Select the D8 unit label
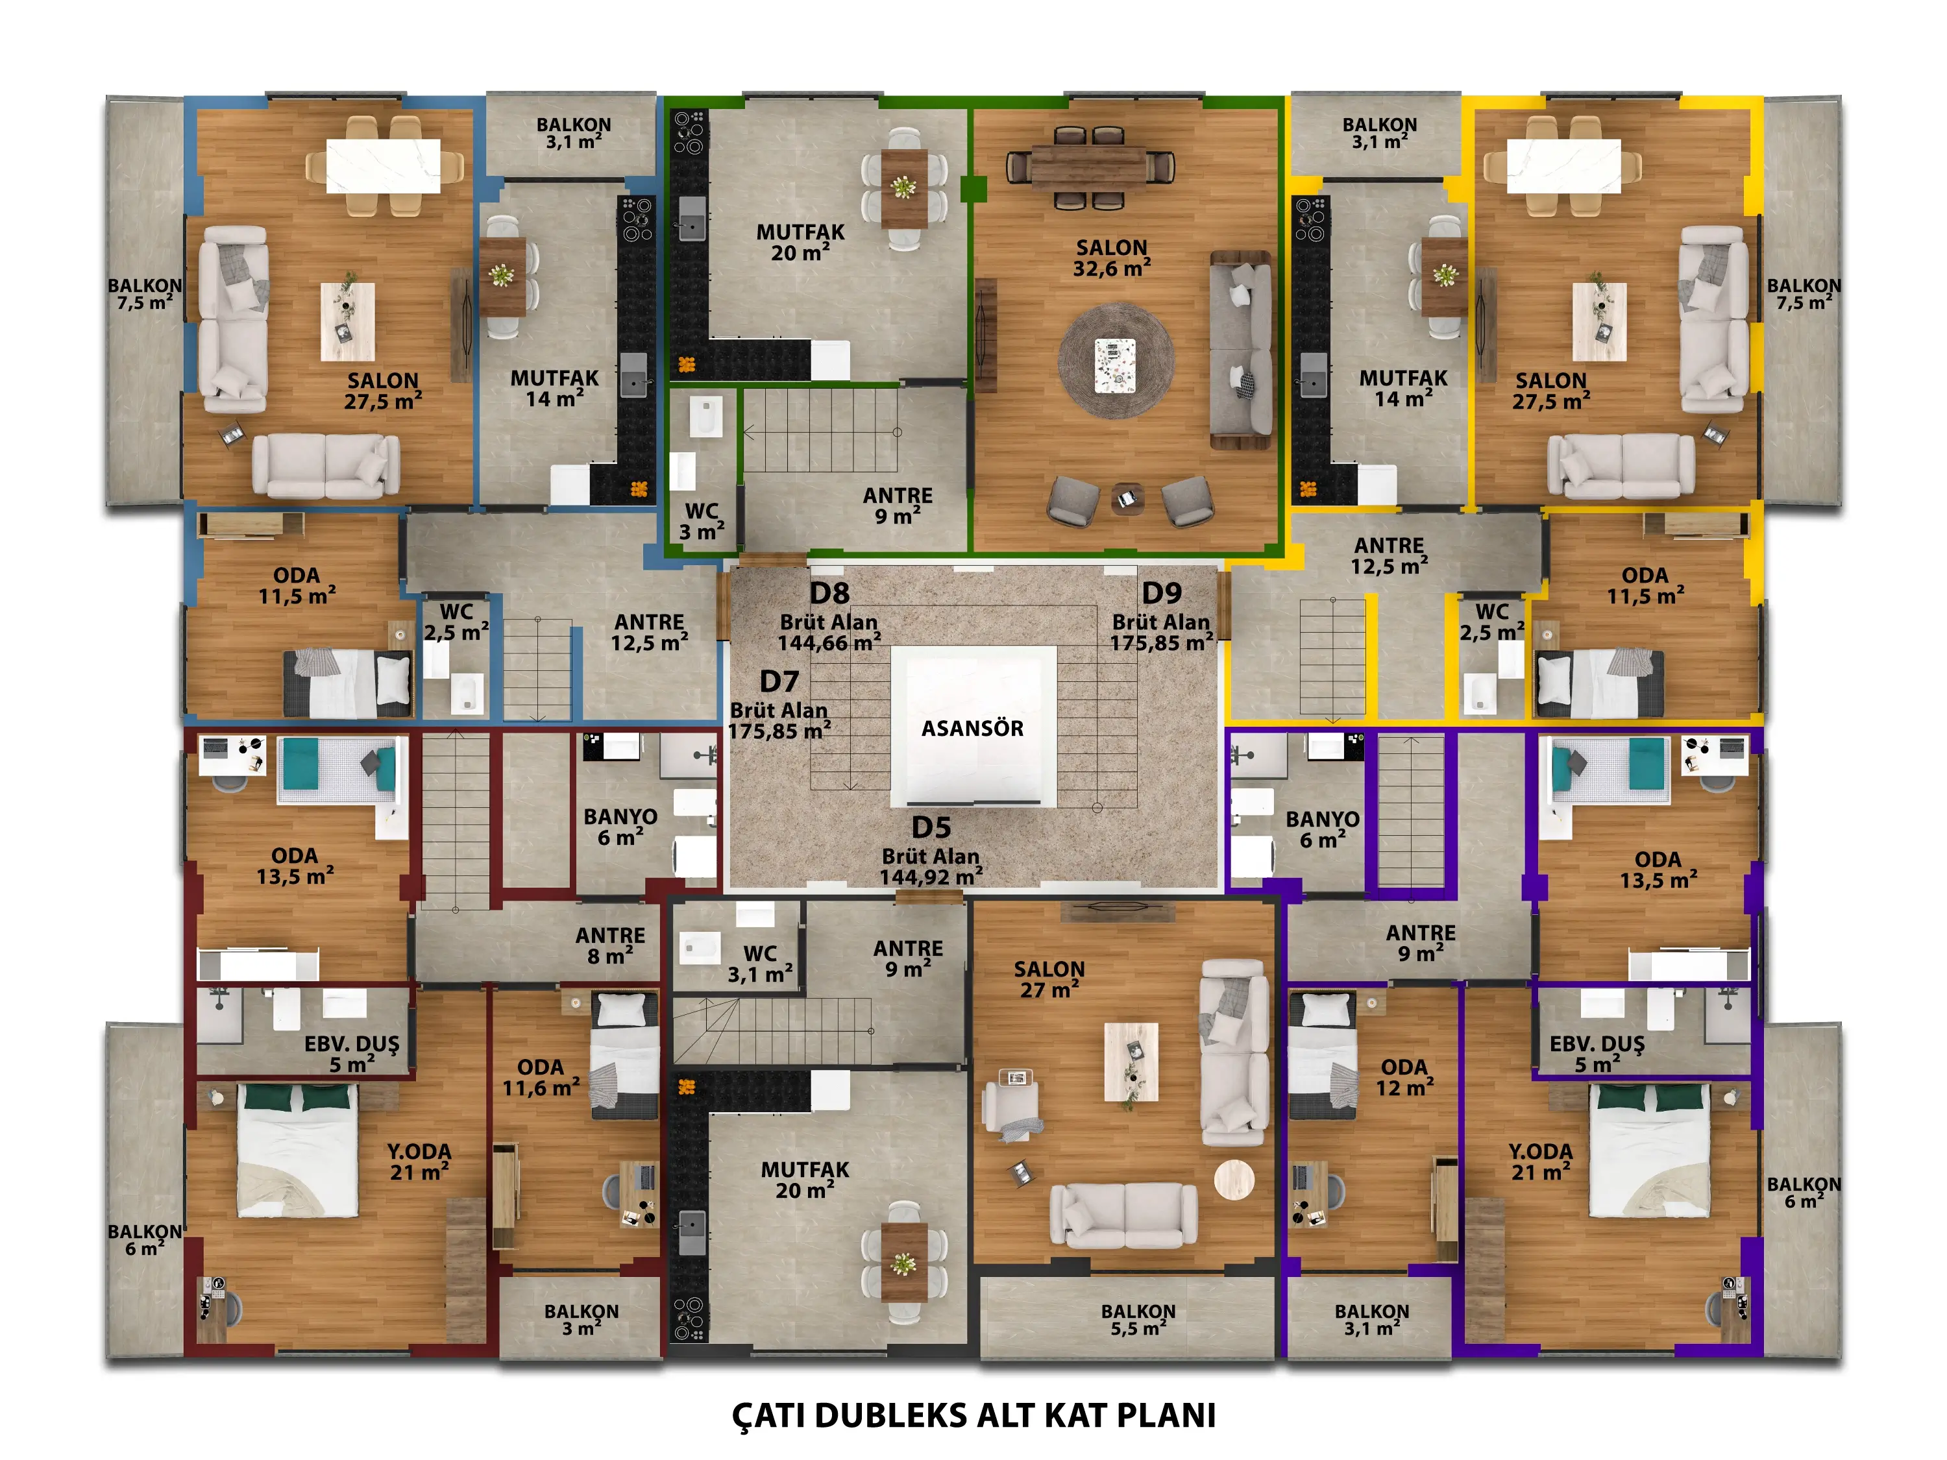point(829,592)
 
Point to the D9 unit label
point(1161,592)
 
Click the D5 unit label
point(931,827)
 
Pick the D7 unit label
point(779,681)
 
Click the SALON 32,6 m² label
point(1112,258)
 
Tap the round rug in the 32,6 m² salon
point(1115,361)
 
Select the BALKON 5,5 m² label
point(1138,1320)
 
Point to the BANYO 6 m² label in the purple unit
point(1322,829)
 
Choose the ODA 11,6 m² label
point(541,1077)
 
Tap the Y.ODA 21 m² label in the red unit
point(419,1162)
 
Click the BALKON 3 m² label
point(581,1320)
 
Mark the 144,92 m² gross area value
point(931,877)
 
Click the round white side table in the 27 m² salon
point(1234,1180)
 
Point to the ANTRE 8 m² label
point(610,945)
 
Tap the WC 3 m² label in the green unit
point(702,522)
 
